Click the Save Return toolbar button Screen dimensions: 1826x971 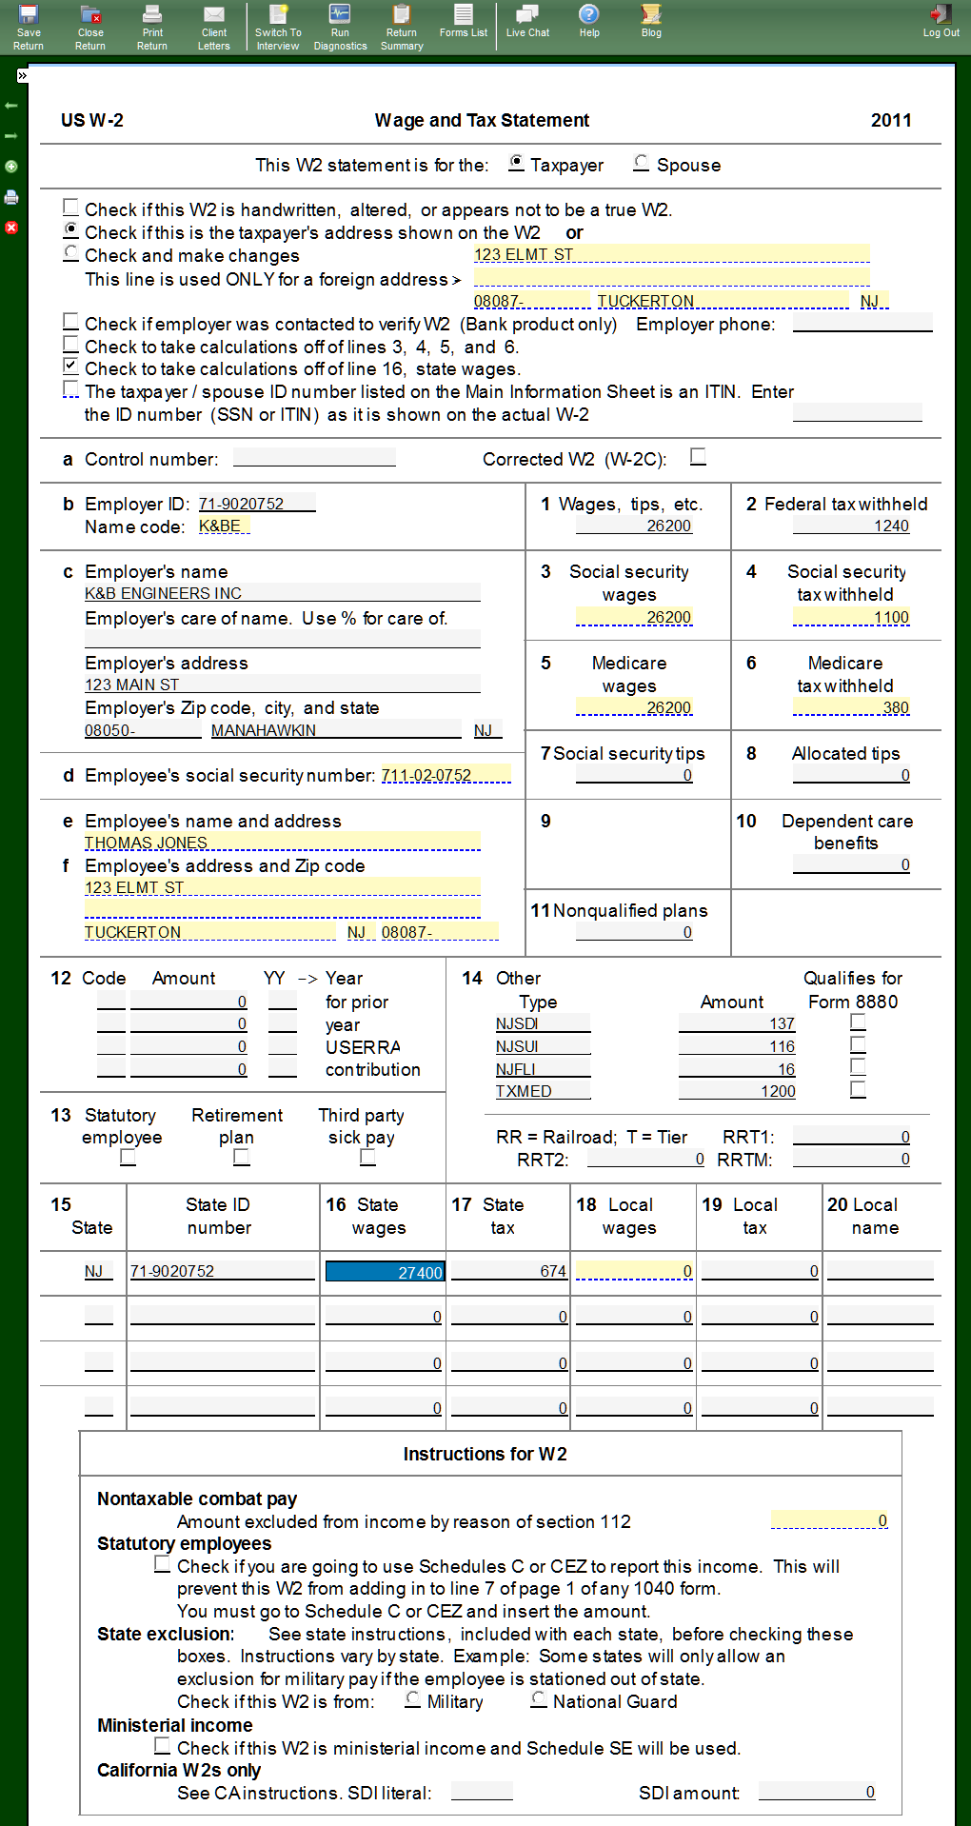click(28, 27)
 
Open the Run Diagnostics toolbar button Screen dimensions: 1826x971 click(340, 27)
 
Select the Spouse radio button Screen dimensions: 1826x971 click(642, 164)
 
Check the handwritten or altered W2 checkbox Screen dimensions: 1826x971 click(70, 208)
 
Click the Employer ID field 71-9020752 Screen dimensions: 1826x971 click(255, 504)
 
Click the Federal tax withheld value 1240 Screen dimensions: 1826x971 click(851, 526)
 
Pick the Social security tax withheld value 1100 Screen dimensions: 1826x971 click(851, 617)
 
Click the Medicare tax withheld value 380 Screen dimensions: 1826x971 click(851, 707)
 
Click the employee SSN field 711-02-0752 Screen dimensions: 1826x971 click(445, 775)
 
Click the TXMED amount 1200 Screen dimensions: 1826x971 click(737, 1091)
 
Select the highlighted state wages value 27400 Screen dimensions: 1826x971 click(385, 1272)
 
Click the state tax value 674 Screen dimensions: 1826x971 click(509, 1271)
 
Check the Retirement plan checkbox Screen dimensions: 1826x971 click(242, 1157)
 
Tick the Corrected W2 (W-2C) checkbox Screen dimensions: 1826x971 click(698, 457)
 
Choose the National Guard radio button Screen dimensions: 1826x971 click(539, 1699)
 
